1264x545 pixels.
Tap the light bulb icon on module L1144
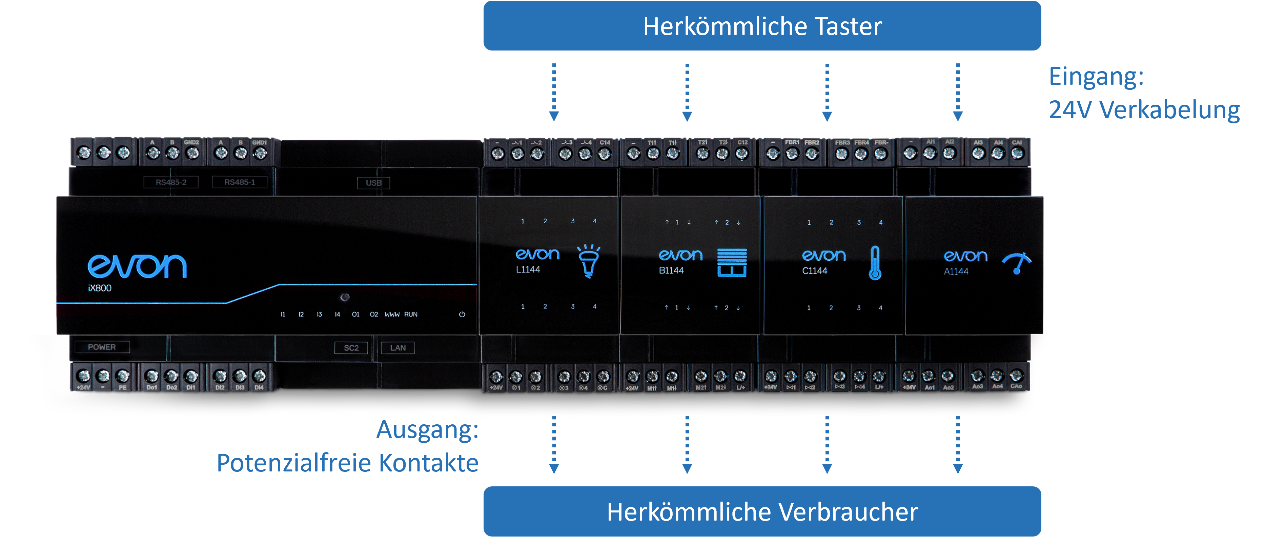tap(588, 261)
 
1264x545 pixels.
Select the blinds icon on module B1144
tap(732, 262)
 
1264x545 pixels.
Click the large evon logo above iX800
tap(137, 265)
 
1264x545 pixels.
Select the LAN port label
tap(398, 348)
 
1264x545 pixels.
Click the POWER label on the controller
tap(102, 347)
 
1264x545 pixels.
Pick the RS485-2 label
tap(171, 182)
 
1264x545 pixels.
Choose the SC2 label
tap(351, 348)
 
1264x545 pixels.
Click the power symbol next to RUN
tap(462, 315)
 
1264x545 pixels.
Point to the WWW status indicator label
tap(391, 315)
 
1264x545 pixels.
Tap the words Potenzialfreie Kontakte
tap(347, 463)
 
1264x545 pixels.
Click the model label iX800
tap(100, 288)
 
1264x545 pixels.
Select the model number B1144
tap(671, 270)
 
